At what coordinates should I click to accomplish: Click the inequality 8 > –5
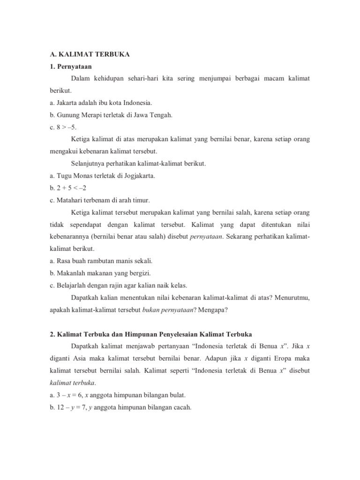pos(67,127)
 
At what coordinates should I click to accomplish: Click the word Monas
pos(81,176)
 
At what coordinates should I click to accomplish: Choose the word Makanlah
pos(71,273)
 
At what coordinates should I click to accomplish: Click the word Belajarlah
pos(72,285)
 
